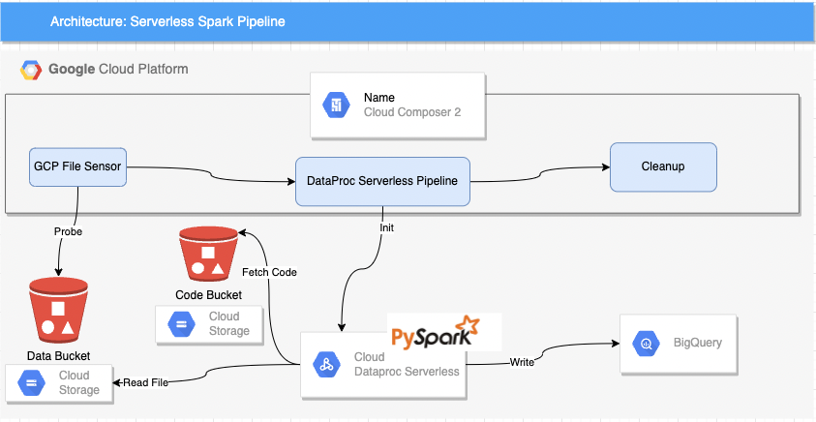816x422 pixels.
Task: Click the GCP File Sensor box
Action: [77, 166]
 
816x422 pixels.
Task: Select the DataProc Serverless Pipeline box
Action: [382, 181]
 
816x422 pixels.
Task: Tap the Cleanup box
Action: [662, 166]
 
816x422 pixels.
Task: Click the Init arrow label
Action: [386, 228]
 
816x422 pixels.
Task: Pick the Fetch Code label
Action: [270, 272]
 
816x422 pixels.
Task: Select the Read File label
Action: [145, 382]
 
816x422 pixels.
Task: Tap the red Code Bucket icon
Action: [208, 255]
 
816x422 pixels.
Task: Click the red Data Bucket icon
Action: [58, 312]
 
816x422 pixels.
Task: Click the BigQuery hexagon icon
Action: [646, 343]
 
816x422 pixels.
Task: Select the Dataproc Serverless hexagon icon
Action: [327, 365]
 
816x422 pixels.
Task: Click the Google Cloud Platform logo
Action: [31, 70]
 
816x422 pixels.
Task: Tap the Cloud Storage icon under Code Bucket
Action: [181, 323]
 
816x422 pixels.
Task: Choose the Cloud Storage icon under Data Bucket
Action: [31, 382]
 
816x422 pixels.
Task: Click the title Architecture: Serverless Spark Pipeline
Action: [167, 21]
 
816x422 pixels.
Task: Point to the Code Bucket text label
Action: [208, 295]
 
